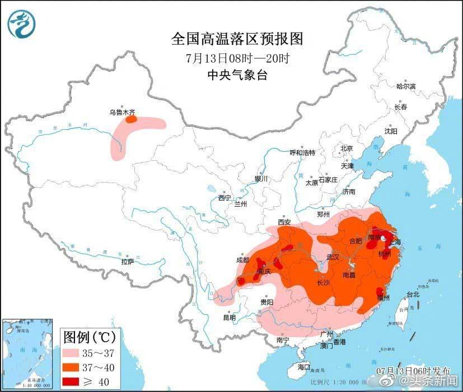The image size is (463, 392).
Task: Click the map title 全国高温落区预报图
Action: [237, 39]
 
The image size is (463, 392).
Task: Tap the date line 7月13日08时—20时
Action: [237, 58]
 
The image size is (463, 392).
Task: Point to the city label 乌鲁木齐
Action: [121, 112]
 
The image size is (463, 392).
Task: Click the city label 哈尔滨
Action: [405, 87]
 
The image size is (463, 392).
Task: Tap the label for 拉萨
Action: [128, 262]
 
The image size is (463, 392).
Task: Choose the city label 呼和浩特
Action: [302, 153]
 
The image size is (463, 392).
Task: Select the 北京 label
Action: [347, 149]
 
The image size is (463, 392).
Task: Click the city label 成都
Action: [243, 260]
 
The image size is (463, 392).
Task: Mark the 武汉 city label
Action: [334, 258]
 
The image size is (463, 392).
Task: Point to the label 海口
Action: [303, 367]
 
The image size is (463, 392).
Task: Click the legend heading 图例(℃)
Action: [90, 338]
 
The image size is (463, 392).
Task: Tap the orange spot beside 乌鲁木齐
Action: [130, 119]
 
